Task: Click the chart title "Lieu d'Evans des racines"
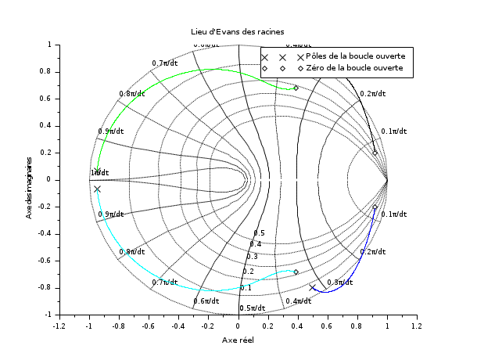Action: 238,31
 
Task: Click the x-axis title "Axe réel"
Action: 238,340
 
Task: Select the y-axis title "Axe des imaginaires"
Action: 29,179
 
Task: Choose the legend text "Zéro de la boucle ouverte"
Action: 354,68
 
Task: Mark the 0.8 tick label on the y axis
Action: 43,71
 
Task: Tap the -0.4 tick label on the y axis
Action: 41,233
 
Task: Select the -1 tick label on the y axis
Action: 45,314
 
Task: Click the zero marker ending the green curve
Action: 296,88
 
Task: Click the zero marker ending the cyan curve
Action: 296,272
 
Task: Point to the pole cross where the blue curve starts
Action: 313,288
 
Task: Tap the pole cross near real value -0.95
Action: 97,189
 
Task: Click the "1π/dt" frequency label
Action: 99,173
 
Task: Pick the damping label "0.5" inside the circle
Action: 259,233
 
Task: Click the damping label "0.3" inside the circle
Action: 252,257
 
